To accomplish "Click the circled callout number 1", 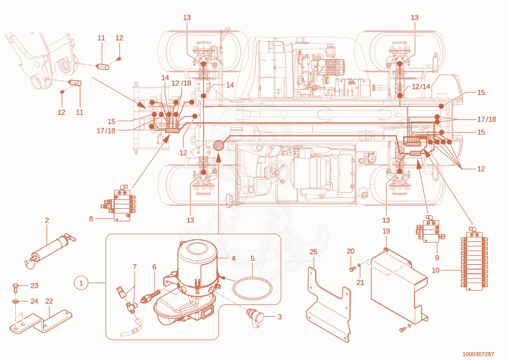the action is tap(81, 283).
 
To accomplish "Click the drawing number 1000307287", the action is tap(478, 354).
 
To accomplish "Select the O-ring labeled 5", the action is tap(252, 288).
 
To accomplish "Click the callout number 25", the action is tap(313, 252).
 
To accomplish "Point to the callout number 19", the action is tap(386, 231).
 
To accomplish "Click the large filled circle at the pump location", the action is tap(218, 145).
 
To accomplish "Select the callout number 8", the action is tap(91, 218).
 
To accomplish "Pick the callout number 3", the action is tap(280, 317).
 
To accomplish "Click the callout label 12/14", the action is tap(421, 86).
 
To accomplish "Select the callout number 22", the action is tap(49, 301).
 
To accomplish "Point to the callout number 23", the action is tap(34, 286).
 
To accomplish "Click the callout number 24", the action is tap(34, 301).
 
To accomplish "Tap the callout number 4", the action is tap(233, 258).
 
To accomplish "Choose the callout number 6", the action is tap(154, 267).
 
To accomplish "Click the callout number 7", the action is tap(135, 267).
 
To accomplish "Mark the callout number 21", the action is tap(360, 283).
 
